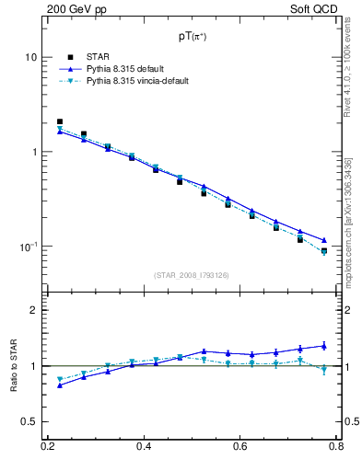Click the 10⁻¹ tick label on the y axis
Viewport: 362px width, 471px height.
point(28,247)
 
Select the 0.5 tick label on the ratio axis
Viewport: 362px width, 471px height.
point(29,421)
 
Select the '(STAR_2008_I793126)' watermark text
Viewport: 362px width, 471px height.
point(192,275)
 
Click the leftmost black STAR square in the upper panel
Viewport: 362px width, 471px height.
point(60,121)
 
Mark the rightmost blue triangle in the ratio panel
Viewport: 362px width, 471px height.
point(323,346)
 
